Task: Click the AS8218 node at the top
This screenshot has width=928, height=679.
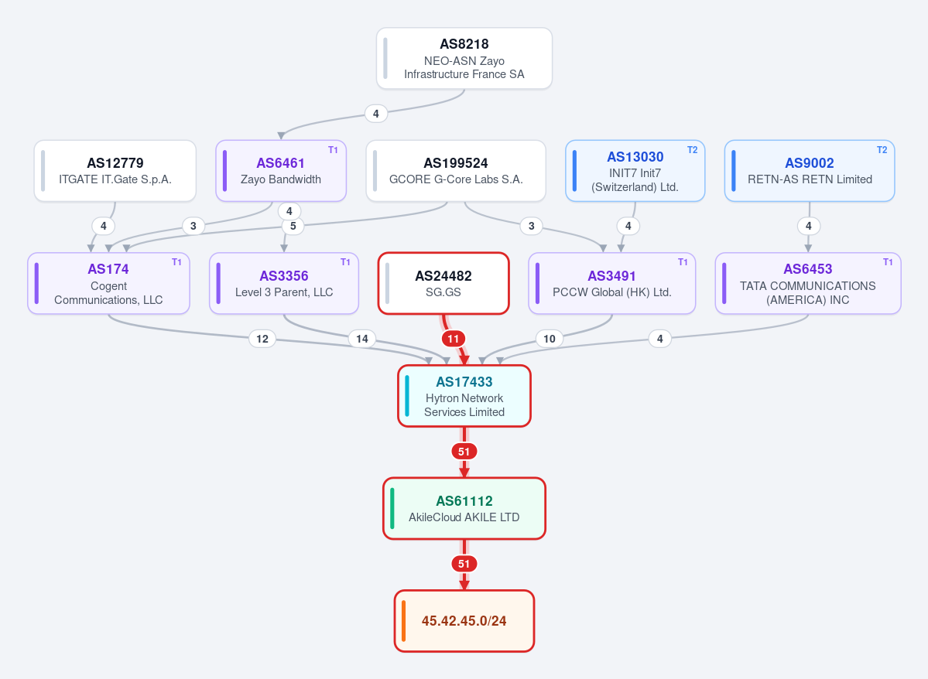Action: coord(464,59)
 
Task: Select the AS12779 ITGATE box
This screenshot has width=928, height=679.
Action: coord(115,171)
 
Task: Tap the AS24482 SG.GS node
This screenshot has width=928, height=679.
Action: coord(443,283)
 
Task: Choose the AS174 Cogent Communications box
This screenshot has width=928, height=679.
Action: coord(108,283)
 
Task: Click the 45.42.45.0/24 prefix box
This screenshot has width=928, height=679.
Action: coord(464,621)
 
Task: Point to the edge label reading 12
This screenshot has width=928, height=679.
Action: coord(262,339)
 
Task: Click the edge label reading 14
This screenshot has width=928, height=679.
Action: coord(361,339)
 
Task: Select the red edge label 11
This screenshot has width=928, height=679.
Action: coord(454,339)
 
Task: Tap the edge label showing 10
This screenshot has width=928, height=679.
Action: coord(550,339)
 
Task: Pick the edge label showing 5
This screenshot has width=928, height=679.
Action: coord(293,226)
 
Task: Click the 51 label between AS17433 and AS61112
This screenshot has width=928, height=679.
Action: coord(464,452)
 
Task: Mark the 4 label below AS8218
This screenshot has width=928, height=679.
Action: coord(376,114)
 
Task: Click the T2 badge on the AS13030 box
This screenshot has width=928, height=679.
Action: coord(693,150)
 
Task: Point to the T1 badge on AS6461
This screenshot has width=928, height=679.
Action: coord(334,150)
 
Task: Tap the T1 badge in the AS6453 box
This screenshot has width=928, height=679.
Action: coord(888,262)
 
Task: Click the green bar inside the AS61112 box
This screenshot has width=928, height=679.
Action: coord(392,509)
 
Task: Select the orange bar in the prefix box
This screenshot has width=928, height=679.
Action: coord(404,621)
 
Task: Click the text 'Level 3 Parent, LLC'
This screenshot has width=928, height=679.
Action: coord(284,292)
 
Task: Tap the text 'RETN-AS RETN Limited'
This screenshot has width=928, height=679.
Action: coord(810,179)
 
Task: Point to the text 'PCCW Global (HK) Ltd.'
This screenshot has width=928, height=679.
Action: coord(612,292)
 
